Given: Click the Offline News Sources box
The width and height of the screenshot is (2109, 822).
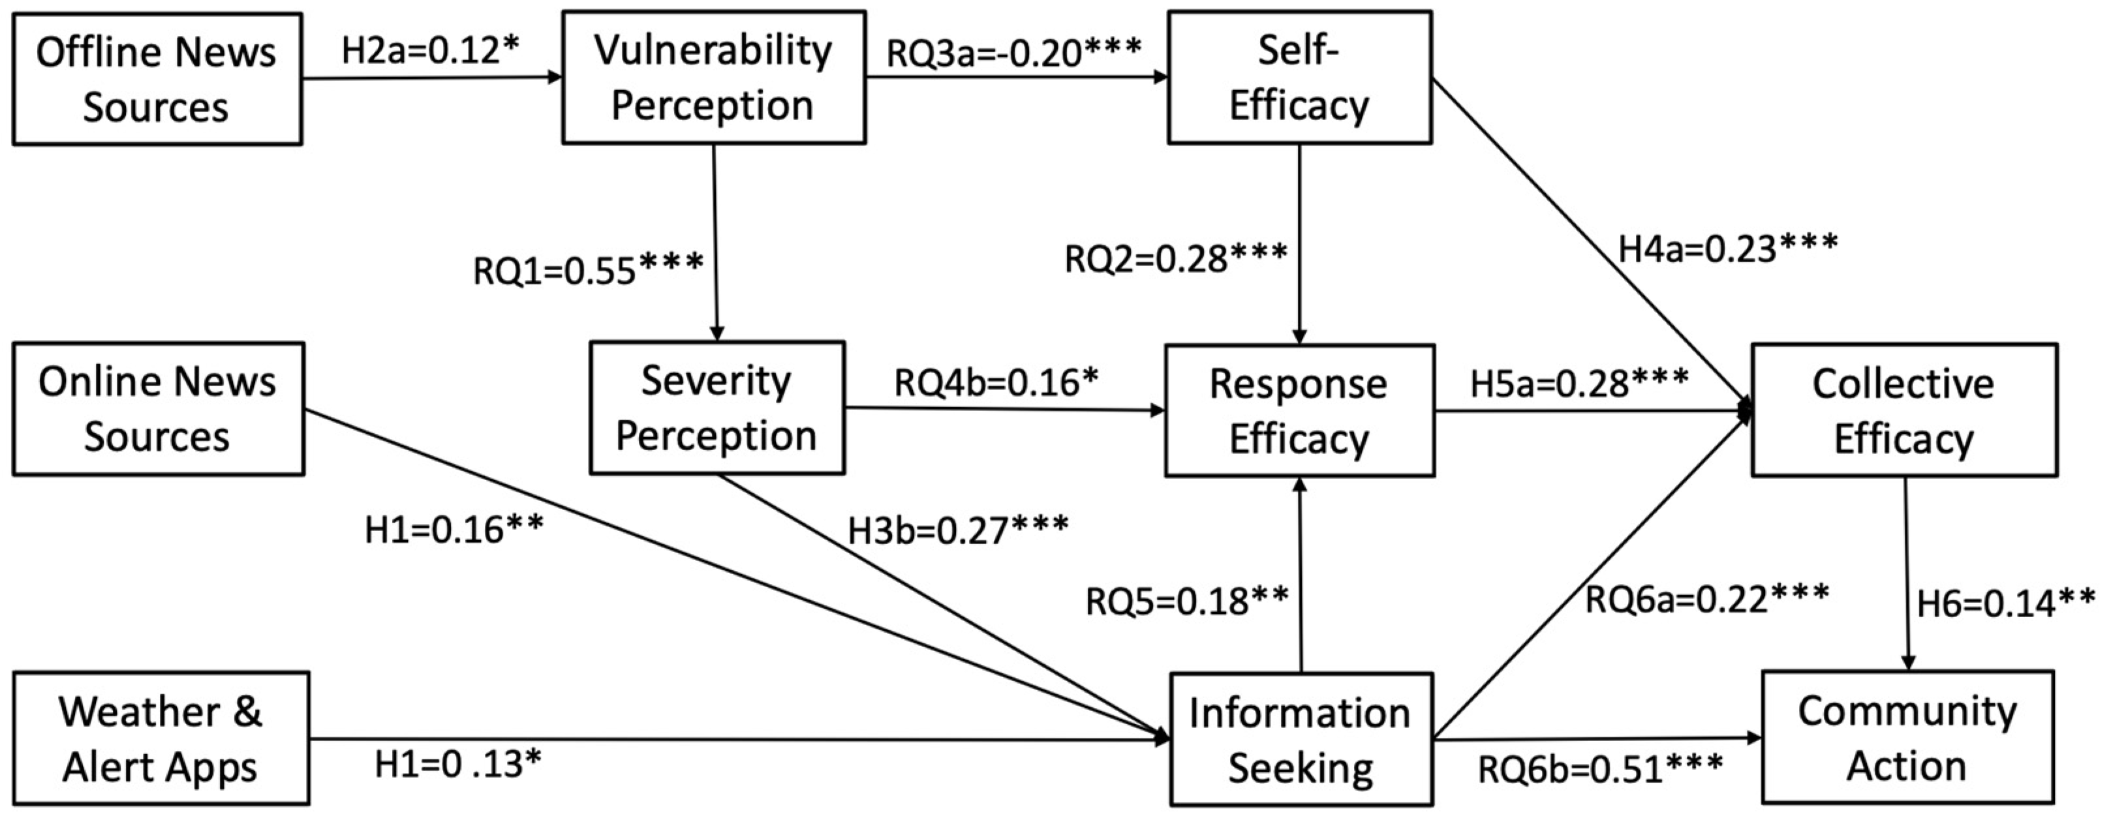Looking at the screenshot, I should [x=157, y=80].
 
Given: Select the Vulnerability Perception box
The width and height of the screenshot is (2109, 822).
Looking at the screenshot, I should [x=713, y=78].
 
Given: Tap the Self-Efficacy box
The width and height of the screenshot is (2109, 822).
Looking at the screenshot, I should [x=1299, y=78].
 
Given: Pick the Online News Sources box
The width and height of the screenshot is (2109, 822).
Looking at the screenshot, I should [x=158, y=408].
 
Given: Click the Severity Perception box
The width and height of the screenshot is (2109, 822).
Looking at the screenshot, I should [x=716, y=408].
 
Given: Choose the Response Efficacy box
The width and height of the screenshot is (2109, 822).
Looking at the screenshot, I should [x=1299, y=410].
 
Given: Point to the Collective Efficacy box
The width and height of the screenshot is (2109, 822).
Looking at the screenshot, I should [x=1903, y=410].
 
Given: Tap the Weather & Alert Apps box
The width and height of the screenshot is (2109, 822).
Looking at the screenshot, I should [x=161, y=738].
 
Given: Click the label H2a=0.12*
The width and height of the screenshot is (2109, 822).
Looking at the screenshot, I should [x=431, y=51].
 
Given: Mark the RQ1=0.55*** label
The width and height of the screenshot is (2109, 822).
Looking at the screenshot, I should [x=588, y=270].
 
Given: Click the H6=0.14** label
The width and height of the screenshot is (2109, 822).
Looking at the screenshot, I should [x=2006, y=603].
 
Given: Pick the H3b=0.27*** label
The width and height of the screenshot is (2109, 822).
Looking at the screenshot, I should [x=958, y=530].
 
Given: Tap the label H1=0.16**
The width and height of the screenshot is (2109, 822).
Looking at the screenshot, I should [x=454, y=530].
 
